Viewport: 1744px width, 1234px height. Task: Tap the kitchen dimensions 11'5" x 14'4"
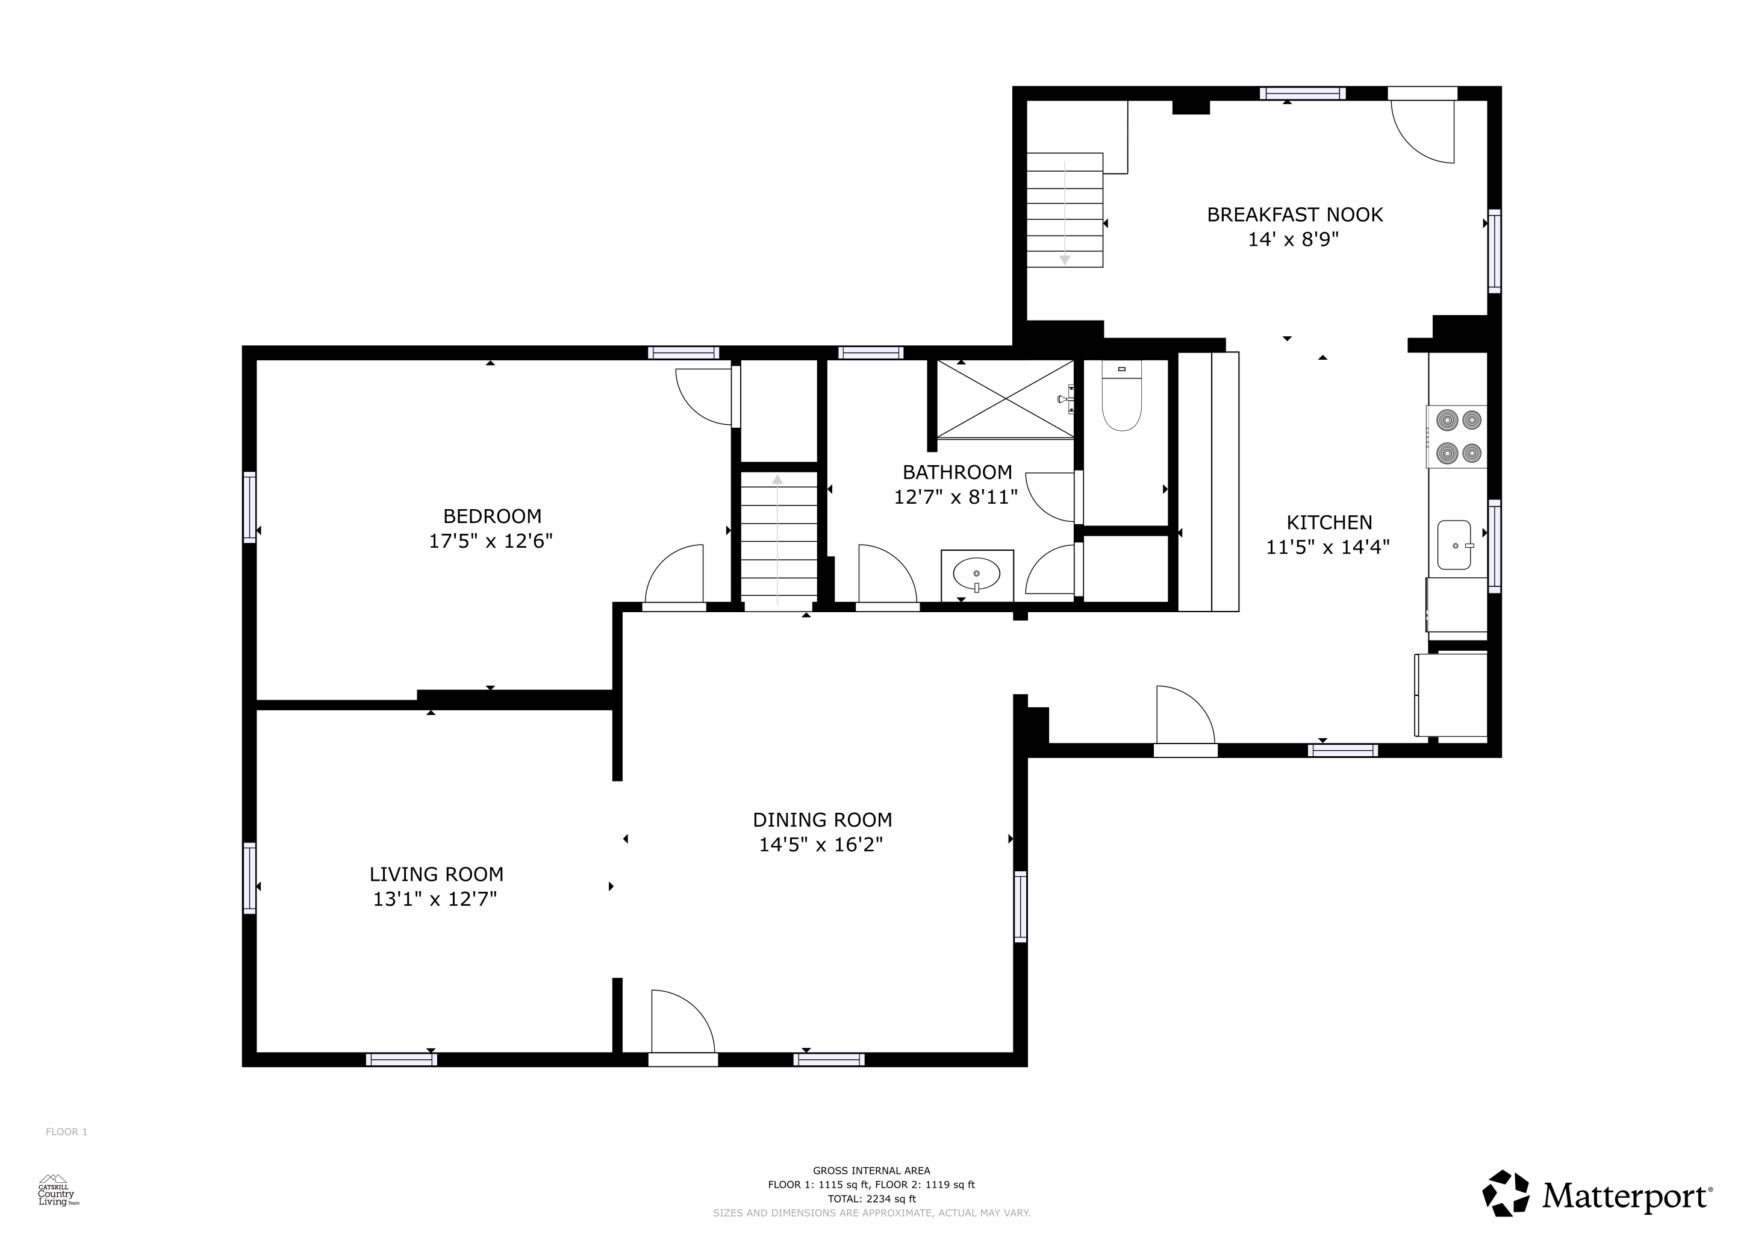tap(1327, 547)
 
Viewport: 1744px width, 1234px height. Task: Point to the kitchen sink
tap(1454, 545)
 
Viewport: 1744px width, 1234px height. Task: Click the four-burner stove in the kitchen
tap(1457, 437)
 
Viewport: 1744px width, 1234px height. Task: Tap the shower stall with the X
tap(1006, 399)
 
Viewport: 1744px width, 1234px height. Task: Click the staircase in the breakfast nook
tap(1065, 210)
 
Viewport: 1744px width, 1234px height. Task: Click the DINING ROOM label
tap(822, 820)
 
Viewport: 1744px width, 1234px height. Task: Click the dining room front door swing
tap(683, 1022)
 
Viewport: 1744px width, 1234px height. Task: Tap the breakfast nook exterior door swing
tap(1422, 131)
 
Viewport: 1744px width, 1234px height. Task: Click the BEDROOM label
tap(492, 517)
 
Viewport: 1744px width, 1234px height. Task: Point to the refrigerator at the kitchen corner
tap(1451, 695)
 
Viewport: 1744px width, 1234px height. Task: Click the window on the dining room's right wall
tap(1020, 906)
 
